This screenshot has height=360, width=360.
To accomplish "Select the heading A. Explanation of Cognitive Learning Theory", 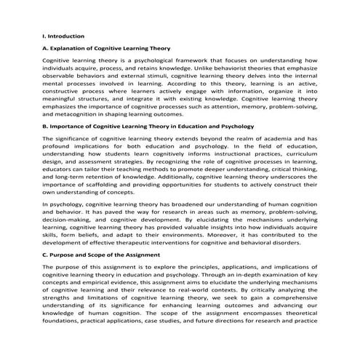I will click(x=107, y=48).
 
